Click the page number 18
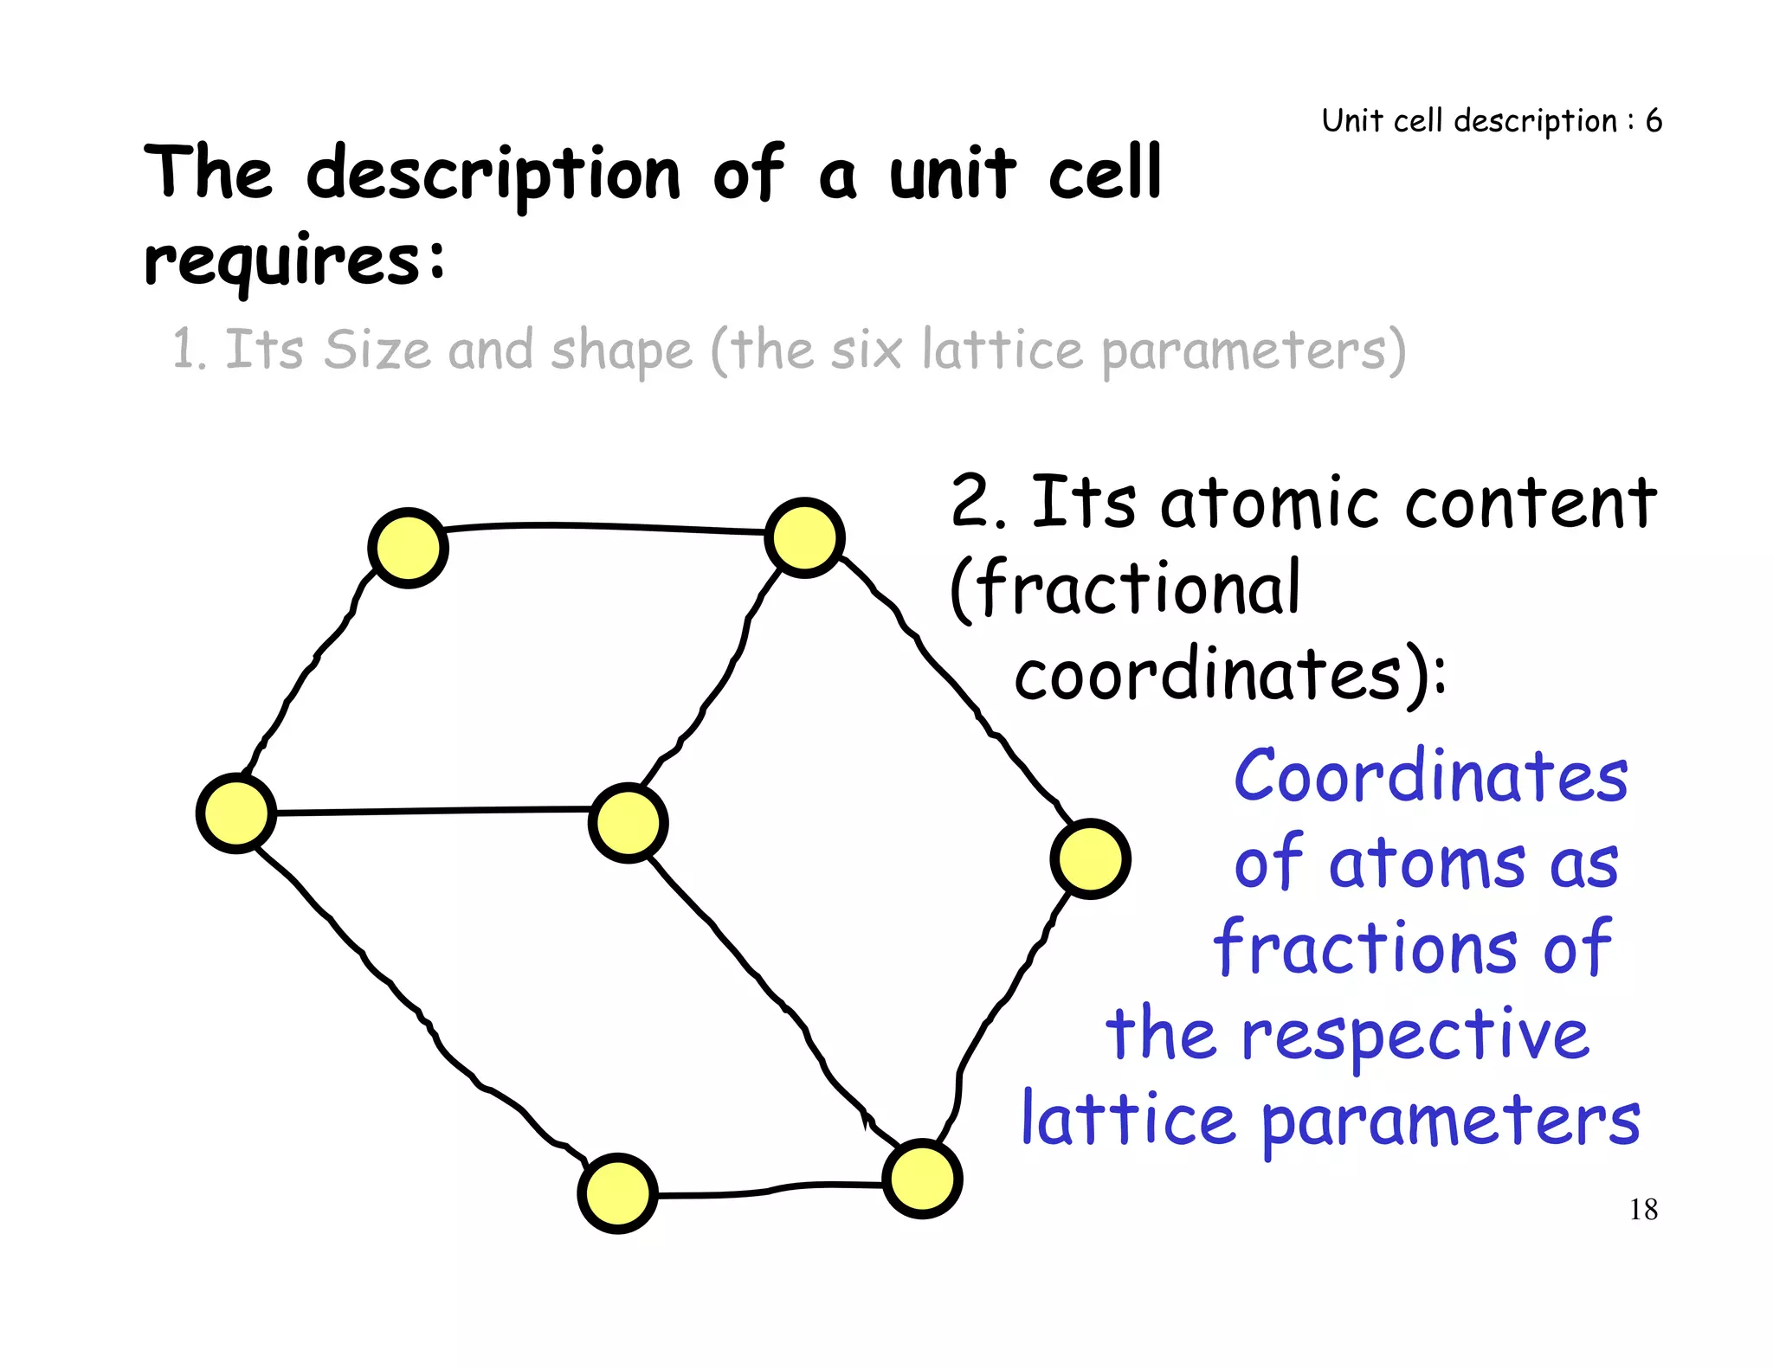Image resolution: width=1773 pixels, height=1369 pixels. pyautogui.click(x=1643, y=1209)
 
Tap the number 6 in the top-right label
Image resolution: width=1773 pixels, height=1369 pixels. pyautogui.click(x=1654, y=120)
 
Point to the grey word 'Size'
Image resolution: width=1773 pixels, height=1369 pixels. pyautogui.click(x=377, y=350)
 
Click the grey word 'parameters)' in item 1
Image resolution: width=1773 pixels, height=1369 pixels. pyautogui.click(x=1254, y=351)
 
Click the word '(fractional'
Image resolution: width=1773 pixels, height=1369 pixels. pyautogui.click(x=1125, y=588)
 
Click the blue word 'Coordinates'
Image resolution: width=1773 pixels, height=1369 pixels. pyautogui.click(x=1430, y=775)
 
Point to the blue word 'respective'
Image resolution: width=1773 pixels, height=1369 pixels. pyautogui.click(x=1415, y=1035)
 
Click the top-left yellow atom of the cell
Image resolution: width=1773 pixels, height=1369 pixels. pyautogui.click(x=408, y=548)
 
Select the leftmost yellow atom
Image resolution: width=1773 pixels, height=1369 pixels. pyautogui.click(x=236, y=813)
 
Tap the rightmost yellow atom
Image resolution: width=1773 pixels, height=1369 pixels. pyautogui.click(x=1090, y=858)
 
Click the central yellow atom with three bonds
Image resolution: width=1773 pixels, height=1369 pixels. pyautogui.click(x=628, y=822)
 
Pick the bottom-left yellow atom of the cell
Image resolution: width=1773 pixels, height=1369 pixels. pyautogui.click(x=617, y=1193)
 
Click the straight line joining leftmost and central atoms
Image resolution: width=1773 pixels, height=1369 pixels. pyautogui.click(x=433, y=811)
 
